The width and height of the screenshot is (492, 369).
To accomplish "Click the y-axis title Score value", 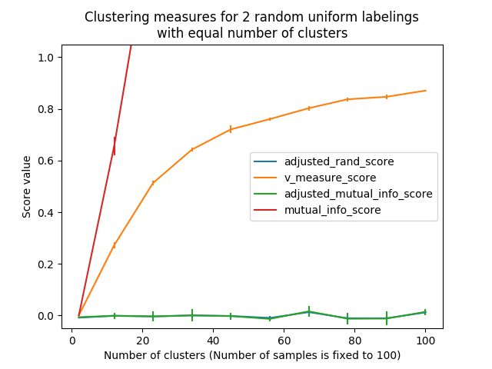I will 27,187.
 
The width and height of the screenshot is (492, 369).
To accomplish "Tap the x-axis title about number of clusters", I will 252,355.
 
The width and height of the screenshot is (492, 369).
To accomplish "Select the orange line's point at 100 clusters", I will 425,91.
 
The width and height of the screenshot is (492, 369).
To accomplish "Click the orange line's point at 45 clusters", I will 231,129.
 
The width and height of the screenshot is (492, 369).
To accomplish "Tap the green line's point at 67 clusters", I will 308,311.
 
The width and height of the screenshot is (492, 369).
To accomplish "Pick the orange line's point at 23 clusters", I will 153,183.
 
